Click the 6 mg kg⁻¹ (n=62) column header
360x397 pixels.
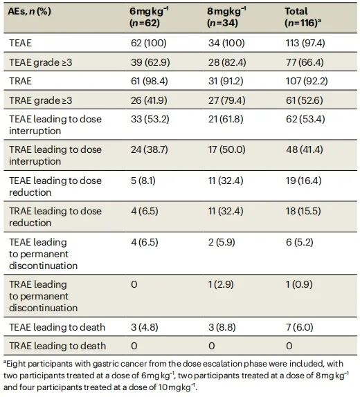click(149, 17)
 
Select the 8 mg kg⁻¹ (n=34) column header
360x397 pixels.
click(226, 17)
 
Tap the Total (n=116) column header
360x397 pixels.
click(303, 17)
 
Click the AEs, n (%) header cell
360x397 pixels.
click(29, 11)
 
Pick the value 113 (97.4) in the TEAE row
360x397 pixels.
click(305, 43)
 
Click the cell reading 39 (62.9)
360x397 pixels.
click(150, 62)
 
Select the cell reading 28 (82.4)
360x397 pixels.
click(227, 62)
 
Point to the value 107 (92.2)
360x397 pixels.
click(307, 81)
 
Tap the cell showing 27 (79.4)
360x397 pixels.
click(227, 100)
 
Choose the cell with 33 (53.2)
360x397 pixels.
click(150, 119)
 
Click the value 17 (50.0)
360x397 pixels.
click(227, 149)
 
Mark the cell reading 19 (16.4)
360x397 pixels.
click(304, 181)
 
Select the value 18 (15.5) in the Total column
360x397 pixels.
click(303, 211)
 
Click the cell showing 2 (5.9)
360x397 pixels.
click(222, 242)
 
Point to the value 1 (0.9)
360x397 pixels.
click(299, 284)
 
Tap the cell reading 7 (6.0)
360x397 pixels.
click(300, 327)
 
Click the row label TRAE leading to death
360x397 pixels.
click(57, 346)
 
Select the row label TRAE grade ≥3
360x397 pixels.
click(41, 100)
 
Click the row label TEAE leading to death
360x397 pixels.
click(57, 327)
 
